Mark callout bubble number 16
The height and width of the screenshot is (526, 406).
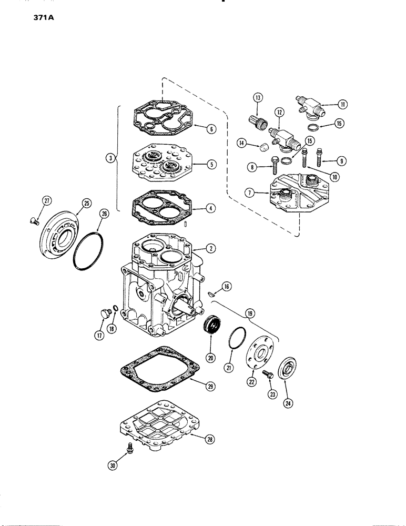coord(226,287)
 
